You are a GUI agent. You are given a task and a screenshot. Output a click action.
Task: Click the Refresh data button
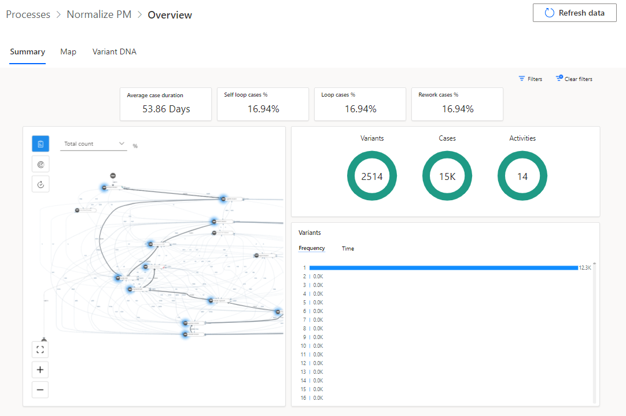tap(575, 13)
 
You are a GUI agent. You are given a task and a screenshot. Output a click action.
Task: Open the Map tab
tap(68, 51)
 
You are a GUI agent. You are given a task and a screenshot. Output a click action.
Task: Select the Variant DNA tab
tap(115, 51)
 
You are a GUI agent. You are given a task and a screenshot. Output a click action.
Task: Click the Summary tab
tap(27, 51)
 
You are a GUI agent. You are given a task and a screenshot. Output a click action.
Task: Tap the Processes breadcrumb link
tap(28, 14)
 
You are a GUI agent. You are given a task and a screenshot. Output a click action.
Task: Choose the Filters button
tap(531, 79)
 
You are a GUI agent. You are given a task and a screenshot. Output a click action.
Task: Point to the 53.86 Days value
tap(166, 109)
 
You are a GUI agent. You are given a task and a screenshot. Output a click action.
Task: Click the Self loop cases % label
tap(246, 94)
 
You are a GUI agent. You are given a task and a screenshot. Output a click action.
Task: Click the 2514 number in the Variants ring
tap(372, 176)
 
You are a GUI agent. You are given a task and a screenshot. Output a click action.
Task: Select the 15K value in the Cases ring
tap(447, 176)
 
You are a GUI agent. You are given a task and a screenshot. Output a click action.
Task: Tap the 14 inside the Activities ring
tap(522, 176)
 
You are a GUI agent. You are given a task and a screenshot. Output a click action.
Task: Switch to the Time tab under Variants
tap(348, 248)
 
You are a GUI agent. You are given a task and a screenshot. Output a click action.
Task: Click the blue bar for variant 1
tap(443, 268)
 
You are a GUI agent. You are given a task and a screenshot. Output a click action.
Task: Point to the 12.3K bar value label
tap(585, 268)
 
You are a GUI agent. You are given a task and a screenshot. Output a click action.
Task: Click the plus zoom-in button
tap(40, 370)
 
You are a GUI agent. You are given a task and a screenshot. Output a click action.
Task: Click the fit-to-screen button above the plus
tap(40, 349)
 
